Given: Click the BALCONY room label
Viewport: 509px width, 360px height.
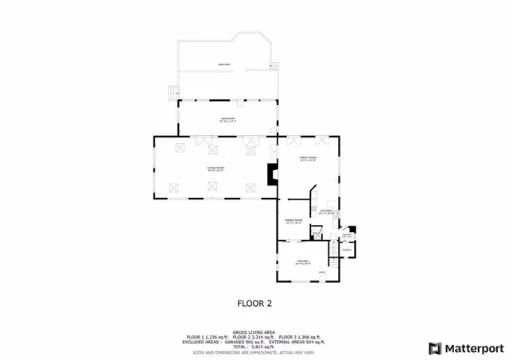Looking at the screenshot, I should click(x=224, y=64).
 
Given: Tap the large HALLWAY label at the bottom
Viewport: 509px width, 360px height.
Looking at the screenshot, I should click(x=302, y=261).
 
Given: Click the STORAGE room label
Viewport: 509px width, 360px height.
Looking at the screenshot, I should click(x=347, y=250).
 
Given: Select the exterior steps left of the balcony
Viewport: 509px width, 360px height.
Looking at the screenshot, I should click(x=171, y=92).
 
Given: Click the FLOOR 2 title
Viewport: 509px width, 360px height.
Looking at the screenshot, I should click(x=254, y=303).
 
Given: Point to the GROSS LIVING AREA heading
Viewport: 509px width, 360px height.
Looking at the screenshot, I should click(x=254, y=332).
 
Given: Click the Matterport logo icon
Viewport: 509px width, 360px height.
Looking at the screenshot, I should click(x=433, y=347).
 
